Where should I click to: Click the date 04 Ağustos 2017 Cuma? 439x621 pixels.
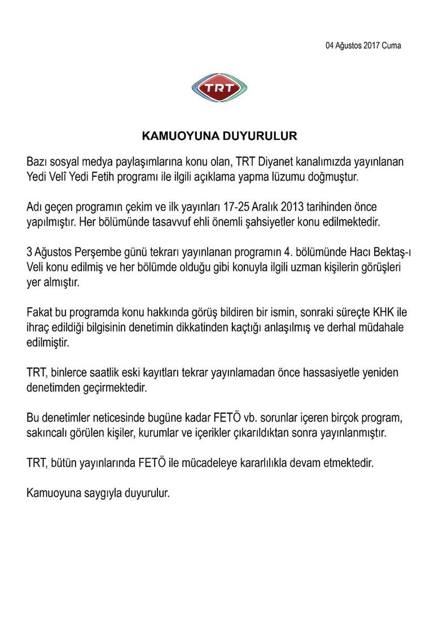coord(363,46)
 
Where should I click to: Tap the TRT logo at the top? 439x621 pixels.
coord(219,89)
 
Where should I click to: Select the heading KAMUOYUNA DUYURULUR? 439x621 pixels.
coord(219,137)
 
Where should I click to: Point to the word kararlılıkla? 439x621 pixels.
coord(261,462)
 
